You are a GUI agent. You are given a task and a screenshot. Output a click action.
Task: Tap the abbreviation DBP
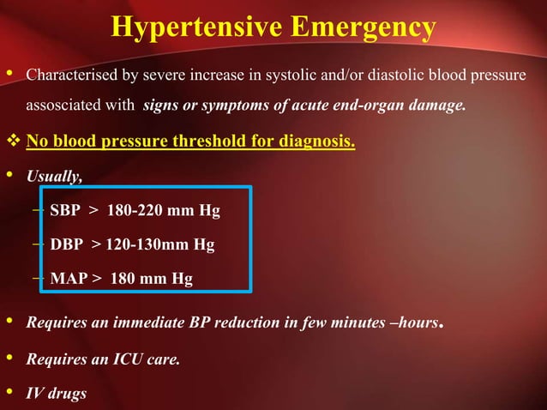tap(66, 244)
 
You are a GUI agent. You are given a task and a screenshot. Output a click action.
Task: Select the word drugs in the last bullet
tap(69, 394)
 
